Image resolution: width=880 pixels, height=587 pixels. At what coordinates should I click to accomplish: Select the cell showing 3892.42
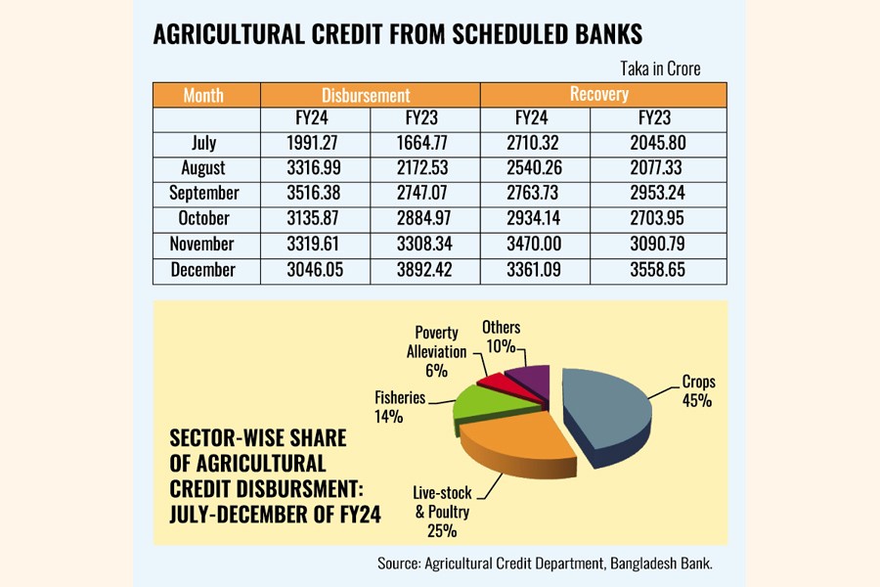pos(425,269)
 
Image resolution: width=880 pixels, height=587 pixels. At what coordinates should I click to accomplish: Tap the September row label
pos(203,194)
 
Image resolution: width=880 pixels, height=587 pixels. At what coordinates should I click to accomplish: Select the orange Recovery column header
pos(599,95)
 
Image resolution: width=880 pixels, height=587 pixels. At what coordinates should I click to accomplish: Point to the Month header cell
pos(203,95)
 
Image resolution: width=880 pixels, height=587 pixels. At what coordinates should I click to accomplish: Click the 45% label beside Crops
pos(696,400)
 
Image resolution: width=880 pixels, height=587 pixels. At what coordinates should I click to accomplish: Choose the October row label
pos(203,218)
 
